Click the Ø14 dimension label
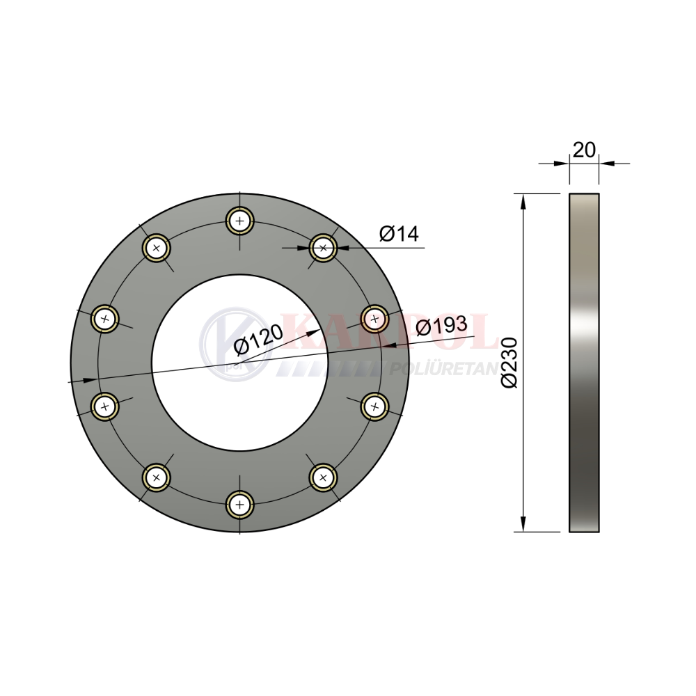coord(399,234)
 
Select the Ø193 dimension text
coord(442,326)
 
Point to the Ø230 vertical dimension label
coord(509,363)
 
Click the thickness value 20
coord(584,150)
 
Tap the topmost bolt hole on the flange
coord(239,221)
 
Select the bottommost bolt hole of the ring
coord(239,505)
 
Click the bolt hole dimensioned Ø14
coord(323,248)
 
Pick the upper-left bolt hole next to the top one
coord(156,248)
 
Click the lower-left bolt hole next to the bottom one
coord(156,477)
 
